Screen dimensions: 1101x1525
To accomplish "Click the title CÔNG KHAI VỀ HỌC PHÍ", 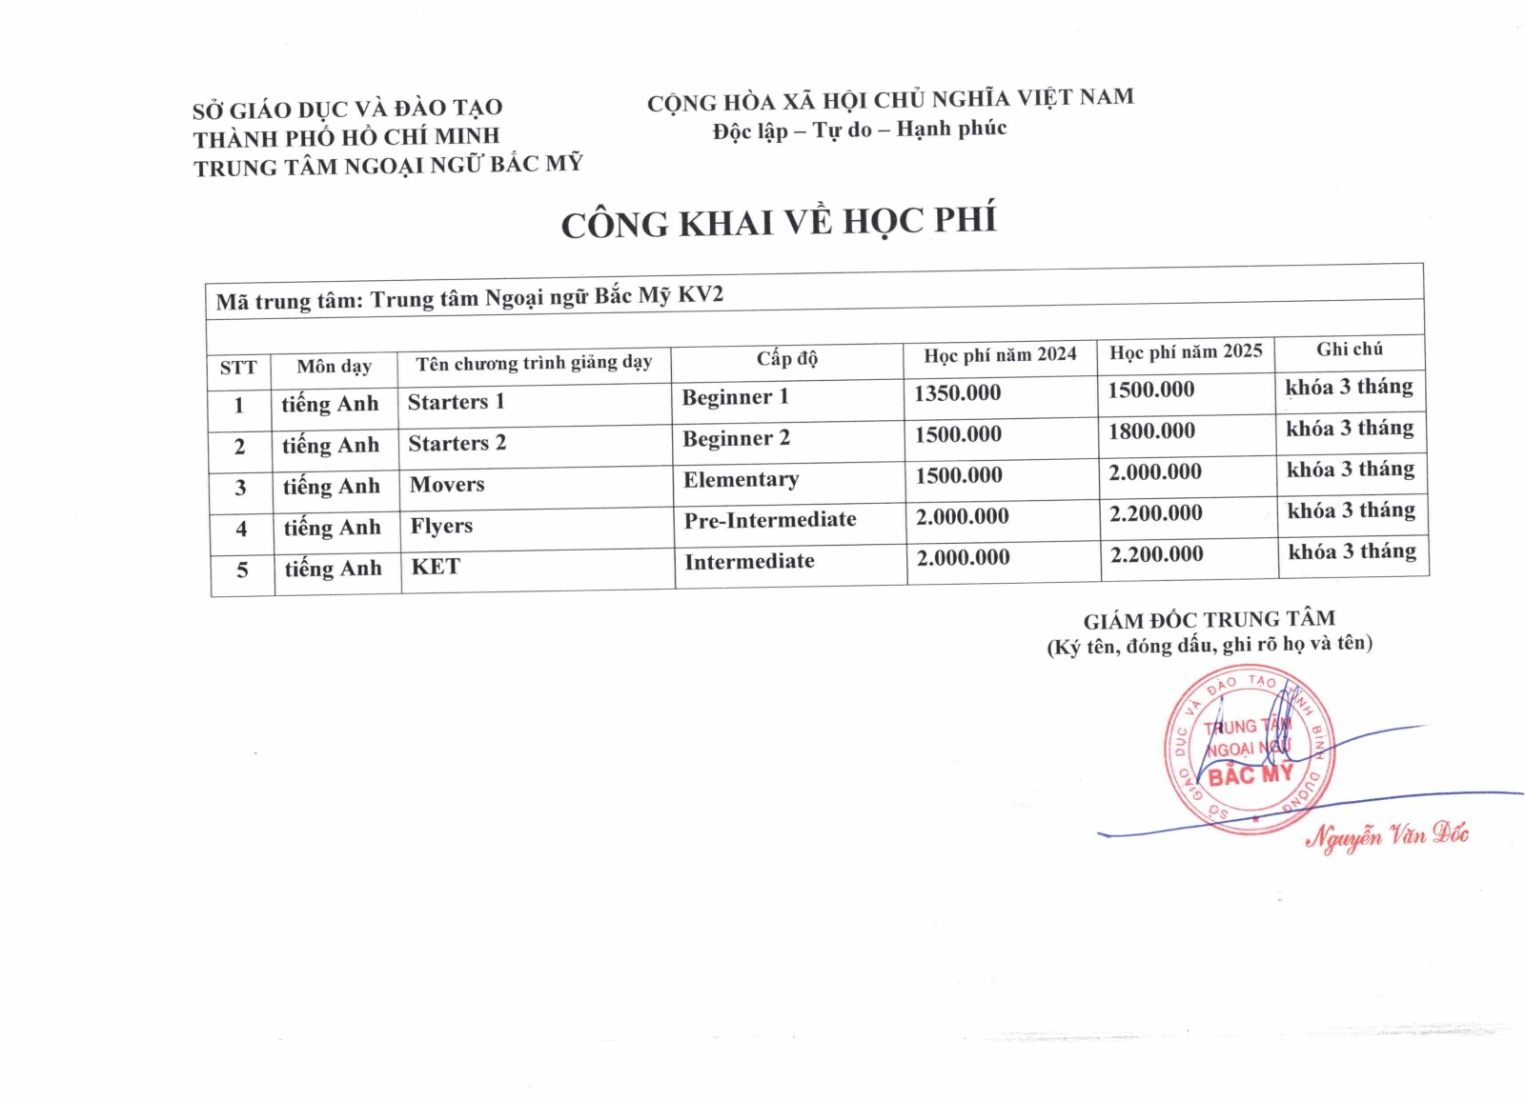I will (779, 222).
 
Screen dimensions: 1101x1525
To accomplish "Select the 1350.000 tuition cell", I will (957, 393).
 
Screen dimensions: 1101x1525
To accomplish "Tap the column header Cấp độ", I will (787, 359).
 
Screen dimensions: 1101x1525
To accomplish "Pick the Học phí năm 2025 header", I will (1186, 352).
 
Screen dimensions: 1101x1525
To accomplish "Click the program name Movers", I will (447, 485).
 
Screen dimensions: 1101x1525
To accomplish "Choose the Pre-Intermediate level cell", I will (770, 520).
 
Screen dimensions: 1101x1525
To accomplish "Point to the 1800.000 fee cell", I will (1151, 431).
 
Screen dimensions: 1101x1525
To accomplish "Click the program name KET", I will (436, 567).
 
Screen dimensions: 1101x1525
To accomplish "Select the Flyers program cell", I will (441, 526).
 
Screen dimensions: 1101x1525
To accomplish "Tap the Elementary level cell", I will (741, 479).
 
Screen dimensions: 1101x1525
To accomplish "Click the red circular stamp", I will (1250, 750).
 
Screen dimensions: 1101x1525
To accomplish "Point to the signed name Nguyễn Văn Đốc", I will (1387, 836).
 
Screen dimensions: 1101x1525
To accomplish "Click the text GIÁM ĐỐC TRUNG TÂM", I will (1209, 620).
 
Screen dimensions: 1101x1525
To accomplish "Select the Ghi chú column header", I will (1350, 350).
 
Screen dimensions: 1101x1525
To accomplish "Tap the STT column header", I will (238, 368).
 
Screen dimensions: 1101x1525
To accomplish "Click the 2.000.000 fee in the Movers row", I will (1155, 472).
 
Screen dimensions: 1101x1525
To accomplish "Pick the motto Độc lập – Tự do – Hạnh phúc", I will (859, 130).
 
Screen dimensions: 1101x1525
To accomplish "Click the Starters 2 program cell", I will (457, 444).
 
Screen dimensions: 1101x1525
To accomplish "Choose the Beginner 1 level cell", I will (736, 397).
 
